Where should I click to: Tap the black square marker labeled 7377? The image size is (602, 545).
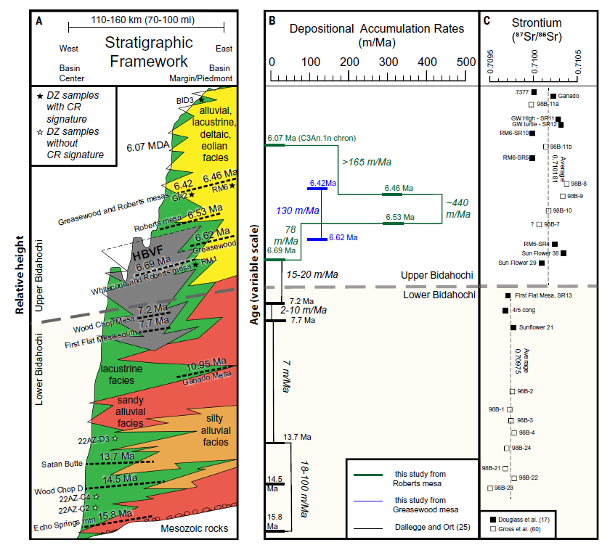[x=534, y=93]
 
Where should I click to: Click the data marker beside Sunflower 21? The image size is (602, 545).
[x=513, y=328]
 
